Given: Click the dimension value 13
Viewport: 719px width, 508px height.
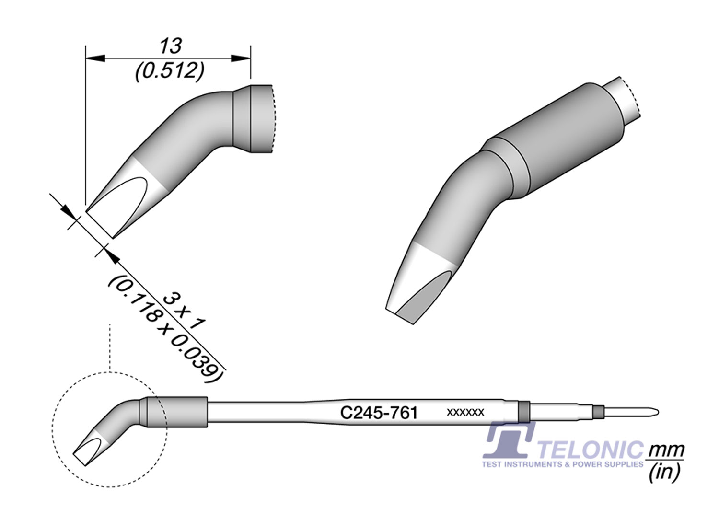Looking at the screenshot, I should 171,46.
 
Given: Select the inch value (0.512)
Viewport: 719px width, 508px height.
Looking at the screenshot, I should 170,71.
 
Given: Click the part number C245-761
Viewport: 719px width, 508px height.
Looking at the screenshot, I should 379,413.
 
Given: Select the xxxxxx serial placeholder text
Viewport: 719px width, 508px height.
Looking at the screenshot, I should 465,412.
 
